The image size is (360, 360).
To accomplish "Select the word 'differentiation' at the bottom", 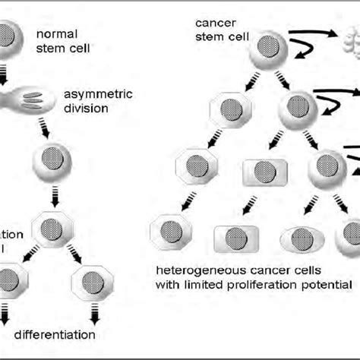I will tap(55, 334).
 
